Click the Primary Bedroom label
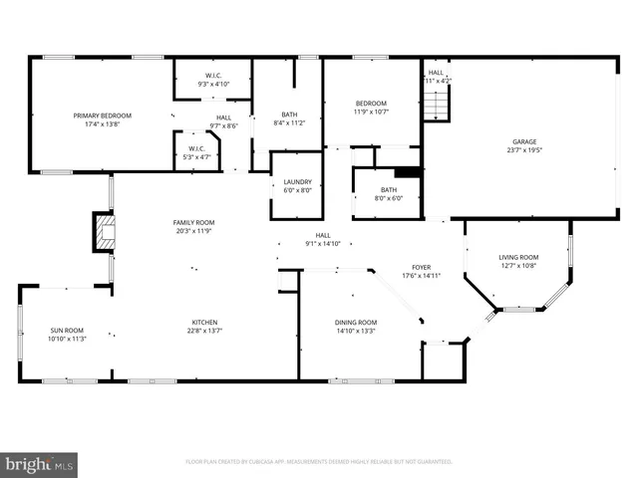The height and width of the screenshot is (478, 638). click(x=102, y=116)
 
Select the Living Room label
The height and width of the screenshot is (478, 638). click(x=518, y=258)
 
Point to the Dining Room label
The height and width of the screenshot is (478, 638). click(x=355, y=322)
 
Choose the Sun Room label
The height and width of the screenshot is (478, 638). click(x=68, y=331)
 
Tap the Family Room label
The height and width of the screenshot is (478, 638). click(x=193, y=222)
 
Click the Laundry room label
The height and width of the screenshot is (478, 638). click(x=297, y=181)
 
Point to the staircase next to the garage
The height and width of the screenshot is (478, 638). click(x=436, y=103)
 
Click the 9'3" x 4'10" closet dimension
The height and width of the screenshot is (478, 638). click(x=213, y=84)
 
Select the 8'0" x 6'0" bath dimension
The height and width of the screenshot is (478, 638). click(x=388, y=198)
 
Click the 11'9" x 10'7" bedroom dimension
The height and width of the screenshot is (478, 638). click(x=372, y=112)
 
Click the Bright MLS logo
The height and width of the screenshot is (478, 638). click(x=40, y=463)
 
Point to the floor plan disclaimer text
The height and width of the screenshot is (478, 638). click(x=319, y=462)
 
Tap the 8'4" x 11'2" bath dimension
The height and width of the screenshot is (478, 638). click(x=288, y=123)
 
